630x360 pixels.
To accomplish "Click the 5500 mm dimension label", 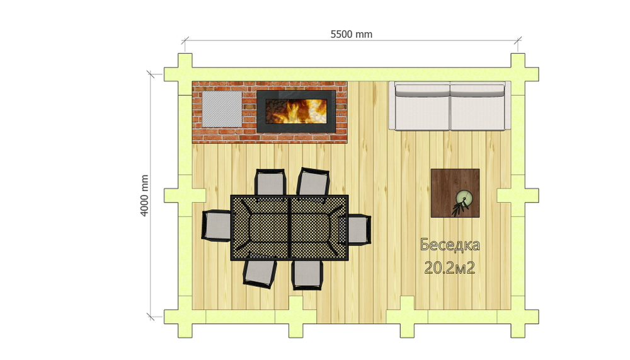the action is click(351, 34).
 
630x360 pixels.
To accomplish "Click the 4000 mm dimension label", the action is click(145, 195).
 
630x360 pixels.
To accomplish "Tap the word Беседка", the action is click(450, 245).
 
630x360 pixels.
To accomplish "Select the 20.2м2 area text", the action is click(450, 267).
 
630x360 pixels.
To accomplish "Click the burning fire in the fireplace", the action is click(296, 111).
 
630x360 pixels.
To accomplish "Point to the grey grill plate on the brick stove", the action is click(222, 108).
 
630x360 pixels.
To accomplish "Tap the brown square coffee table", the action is click(455, 193).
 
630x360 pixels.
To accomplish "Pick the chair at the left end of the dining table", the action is click(217, 226).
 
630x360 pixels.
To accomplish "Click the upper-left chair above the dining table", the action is click(270, 183).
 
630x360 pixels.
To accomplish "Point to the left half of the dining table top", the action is click(260, 228).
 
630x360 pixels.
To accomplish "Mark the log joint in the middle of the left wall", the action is click(185, 196).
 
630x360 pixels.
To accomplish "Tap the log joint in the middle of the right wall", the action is click(518, 196).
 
